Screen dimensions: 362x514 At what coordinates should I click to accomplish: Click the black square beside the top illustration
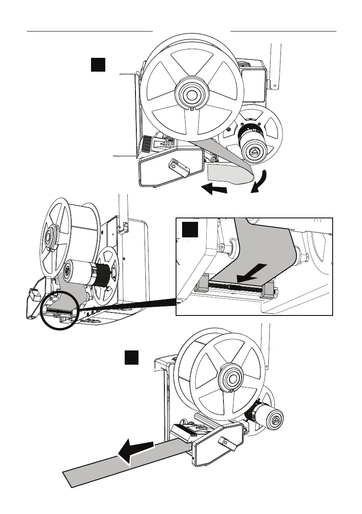[99, 65]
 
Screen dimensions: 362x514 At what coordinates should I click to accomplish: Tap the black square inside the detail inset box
[189, 230]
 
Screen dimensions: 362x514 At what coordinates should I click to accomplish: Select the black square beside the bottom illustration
[132, 358]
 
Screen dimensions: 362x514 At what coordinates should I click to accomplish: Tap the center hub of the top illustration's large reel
[190, 93]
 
